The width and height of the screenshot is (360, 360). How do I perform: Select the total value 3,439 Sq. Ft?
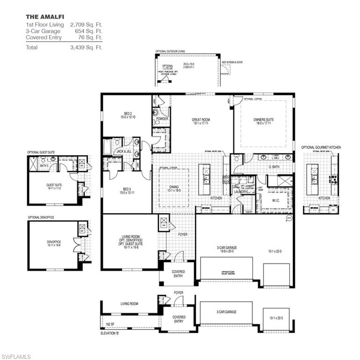point(86,47)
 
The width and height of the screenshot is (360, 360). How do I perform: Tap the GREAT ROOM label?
point(200,120)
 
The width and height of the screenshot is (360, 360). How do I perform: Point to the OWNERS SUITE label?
point(263,120)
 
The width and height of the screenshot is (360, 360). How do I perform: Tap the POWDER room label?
point(162,119)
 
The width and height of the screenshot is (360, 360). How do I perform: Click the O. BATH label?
point(274,166)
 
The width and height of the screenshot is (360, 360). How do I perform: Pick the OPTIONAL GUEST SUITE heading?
point(41,152)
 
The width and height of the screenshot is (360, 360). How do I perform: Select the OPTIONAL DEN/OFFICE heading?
point(41,217)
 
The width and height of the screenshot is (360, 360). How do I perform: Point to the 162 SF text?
point(109,324)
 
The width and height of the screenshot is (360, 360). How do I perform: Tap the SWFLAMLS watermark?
point(16,356)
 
